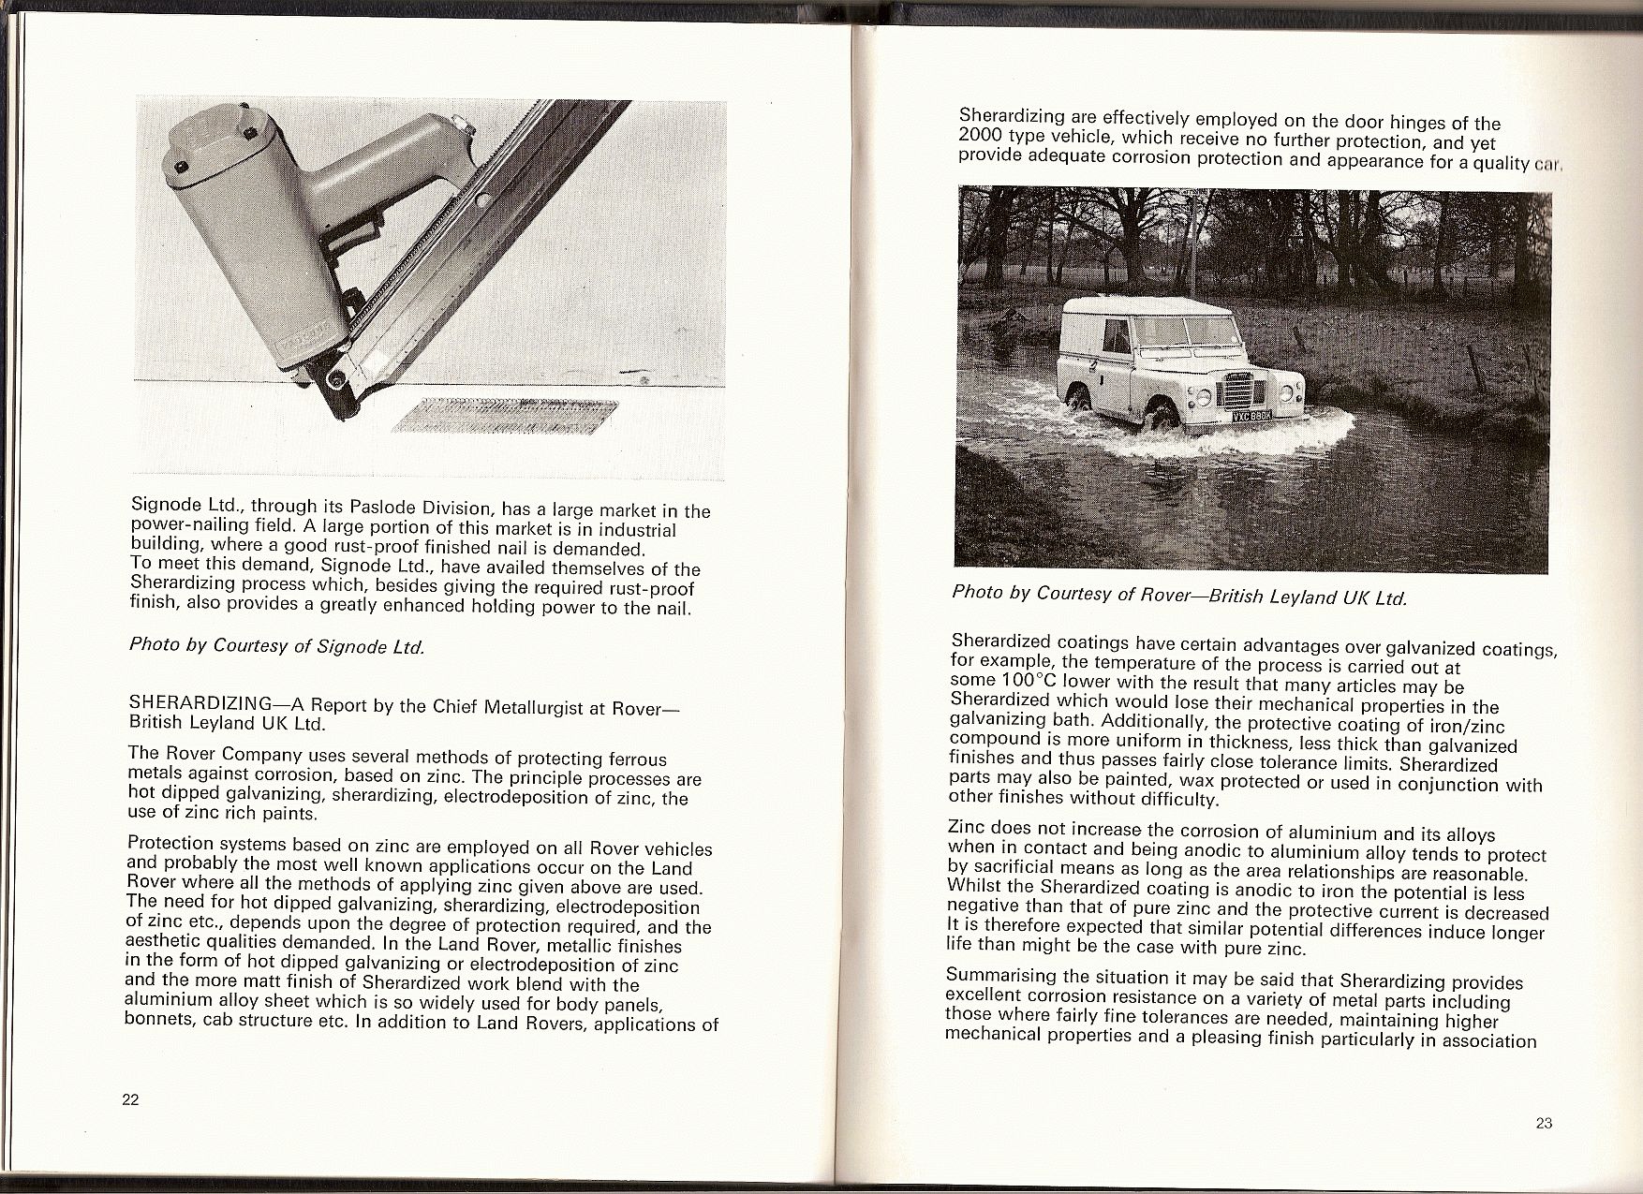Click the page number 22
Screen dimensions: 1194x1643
(x=130, y=1099)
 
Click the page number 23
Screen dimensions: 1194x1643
(x=1545, y=1124)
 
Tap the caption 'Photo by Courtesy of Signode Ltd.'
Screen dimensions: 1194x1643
(x=277, y=646)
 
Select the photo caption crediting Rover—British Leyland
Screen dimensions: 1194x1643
(x=1179, y=595)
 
